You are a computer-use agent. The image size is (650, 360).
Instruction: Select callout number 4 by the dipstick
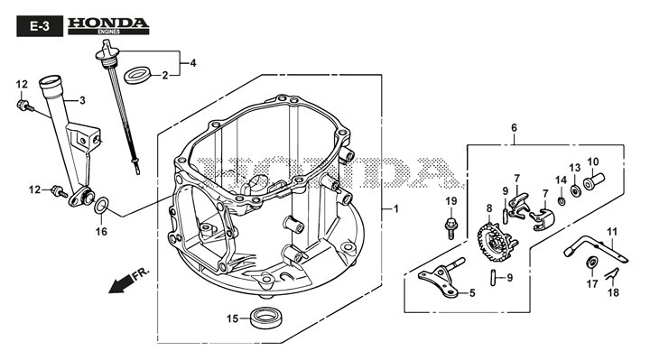coord(191,63)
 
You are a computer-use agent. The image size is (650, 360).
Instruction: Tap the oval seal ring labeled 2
coord(135,74)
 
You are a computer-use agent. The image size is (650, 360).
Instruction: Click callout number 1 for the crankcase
coord(394,209)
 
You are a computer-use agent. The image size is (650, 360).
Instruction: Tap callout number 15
coord(232,318)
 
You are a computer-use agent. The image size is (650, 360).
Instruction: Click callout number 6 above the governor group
coord(514,127)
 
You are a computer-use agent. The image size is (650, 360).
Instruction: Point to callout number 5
coord(470,291)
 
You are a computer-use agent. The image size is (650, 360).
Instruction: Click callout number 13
coord(574,168)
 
